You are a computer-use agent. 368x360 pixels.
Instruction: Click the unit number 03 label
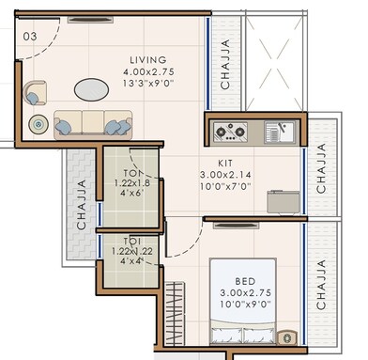click(x=29, y=36)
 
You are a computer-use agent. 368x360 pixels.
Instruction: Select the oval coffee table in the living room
click(x=92, y=89)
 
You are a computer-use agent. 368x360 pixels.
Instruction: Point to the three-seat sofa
click(x=92, y=124)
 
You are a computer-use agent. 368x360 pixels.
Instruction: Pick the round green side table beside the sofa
click(x=38, y=123)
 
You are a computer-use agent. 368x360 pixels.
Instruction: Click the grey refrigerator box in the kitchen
click(x=283, y=201)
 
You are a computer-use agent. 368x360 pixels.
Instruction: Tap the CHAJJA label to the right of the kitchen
click(x=322, y=169)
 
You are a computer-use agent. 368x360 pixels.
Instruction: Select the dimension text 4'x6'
click(x=130, y=194)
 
